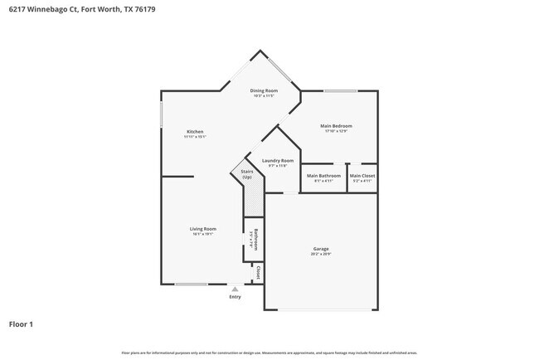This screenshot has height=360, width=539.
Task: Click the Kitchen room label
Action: tap(195, 132)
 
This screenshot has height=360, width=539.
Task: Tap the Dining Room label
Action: tap(265, 90)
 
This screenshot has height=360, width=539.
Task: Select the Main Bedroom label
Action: tap(336, 126)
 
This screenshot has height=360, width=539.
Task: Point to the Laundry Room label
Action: tap(277, 160)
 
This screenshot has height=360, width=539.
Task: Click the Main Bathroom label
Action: tap(323, 176)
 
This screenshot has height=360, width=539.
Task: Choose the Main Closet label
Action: tap(362, 176)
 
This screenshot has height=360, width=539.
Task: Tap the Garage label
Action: tap(321, 249)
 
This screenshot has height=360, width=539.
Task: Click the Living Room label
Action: tap(203, 229)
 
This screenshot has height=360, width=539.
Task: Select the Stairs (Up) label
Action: tap(247, 175)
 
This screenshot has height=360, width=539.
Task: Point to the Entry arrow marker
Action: tap(235, 289)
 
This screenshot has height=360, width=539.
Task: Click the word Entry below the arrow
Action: tap(235, 296)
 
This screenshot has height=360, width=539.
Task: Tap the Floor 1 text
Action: tap(21, 324)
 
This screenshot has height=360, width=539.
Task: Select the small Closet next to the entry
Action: tap(258, 272)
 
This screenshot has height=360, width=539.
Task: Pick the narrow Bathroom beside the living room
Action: tap(256, 239)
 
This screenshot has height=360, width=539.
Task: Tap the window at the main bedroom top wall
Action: tap(339, 90)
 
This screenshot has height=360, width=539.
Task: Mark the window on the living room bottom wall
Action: tap(191, 285)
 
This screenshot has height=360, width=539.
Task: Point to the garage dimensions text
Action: tap(321, 254)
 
